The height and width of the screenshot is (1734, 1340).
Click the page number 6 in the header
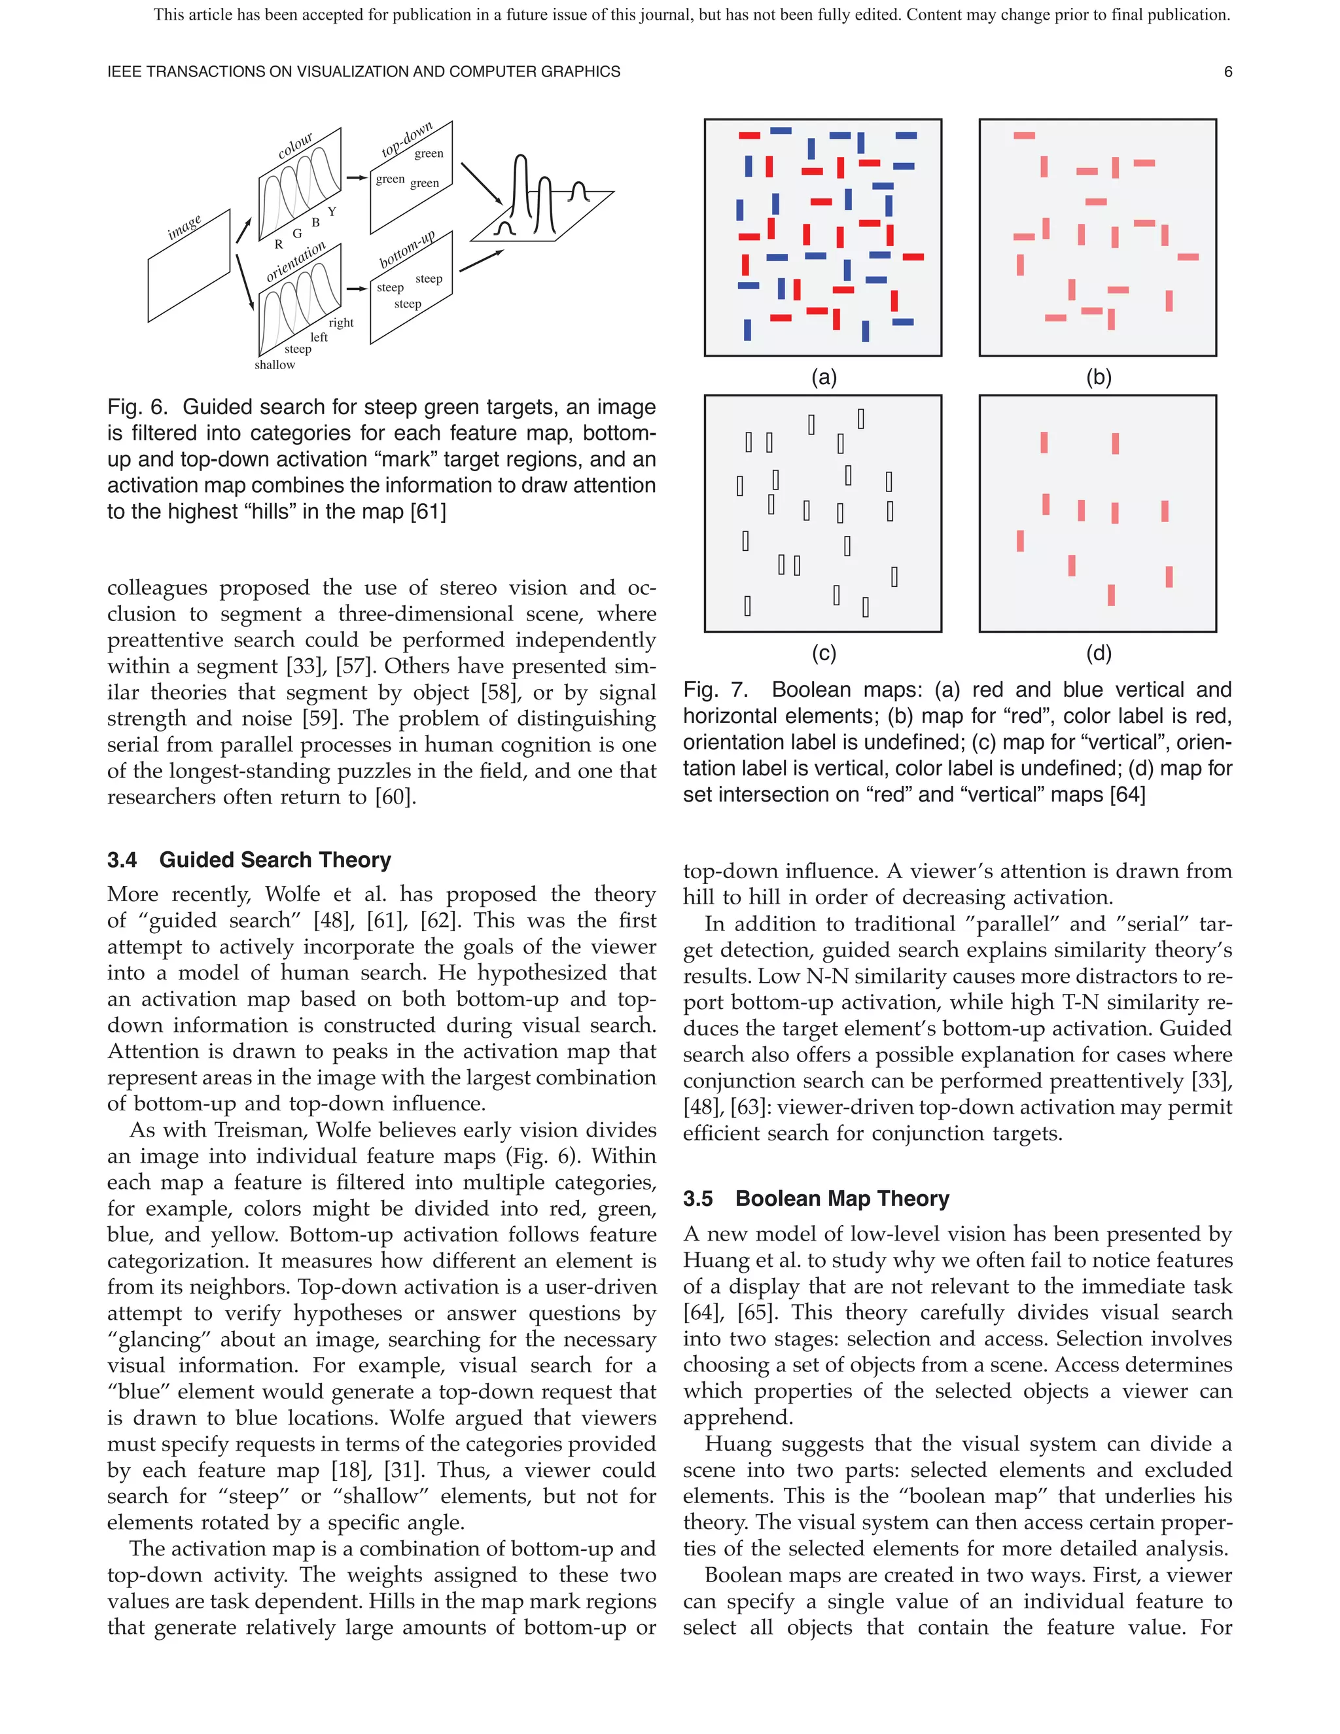[x=1227, y=72]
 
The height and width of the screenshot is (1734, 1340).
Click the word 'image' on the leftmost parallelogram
[x=184, y=227]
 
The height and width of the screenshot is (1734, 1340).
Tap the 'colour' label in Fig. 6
[x=295, y=146]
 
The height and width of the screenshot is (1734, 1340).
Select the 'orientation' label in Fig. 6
[x=295, y=262]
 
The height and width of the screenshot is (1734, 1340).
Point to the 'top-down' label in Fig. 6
[x=406, y=140]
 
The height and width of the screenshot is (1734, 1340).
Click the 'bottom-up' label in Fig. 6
[x=406, y=250]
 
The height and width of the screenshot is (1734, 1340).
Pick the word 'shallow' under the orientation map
[x=275, y=365]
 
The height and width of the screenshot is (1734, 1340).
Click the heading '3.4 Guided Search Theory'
[x=249, y=860]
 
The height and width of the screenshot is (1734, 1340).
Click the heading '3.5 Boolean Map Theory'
[x=816, y=1198]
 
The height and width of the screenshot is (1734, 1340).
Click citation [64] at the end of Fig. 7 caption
[x=1127, y=795]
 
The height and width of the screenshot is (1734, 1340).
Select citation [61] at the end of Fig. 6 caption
[x=428, y=512]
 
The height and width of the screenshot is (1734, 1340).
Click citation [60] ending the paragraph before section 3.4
[x=395, y=797]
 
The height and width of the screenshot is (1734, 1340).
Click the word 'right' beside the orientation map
[x=342, y=323]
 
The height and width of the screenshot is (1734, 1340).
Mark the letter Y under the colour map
[x=332, y=212]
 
